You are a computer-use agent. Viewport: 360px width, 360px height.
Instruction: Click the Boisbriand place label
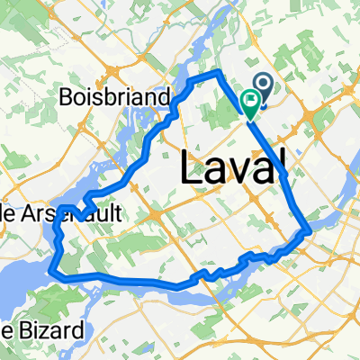tap(118, 96)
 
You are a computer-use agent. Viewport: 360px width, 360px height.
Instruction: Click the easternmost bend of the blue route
tap(310, 231)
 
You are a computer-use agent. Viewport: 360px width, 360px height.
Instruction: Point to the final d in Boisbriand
tap(166, 96)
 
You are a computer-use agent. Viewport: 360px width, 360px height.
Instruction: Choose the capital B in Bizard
tap(19, 329)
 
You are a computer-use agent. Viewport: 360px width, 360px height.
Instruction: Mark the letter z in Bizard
tap(40, 330)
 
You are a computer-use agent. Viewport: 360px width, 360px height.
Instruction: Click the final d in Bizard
tap(76, 329)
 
